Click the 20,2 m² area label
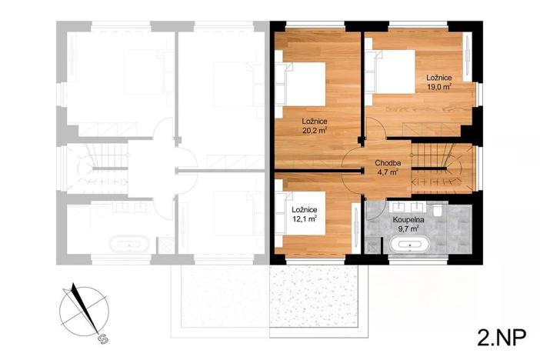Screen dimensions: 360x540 click(315, 131)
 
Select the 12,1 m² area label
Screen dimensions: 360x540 click(305, 219)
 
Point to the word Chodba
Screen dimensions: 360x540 click(387, 163)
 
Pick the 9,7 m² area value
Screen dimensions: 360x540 click(408, 228)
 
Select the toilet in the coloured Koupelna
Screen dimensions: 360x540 click(436, 209)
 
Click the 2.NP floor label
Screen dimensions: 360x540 click(499, 337)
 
